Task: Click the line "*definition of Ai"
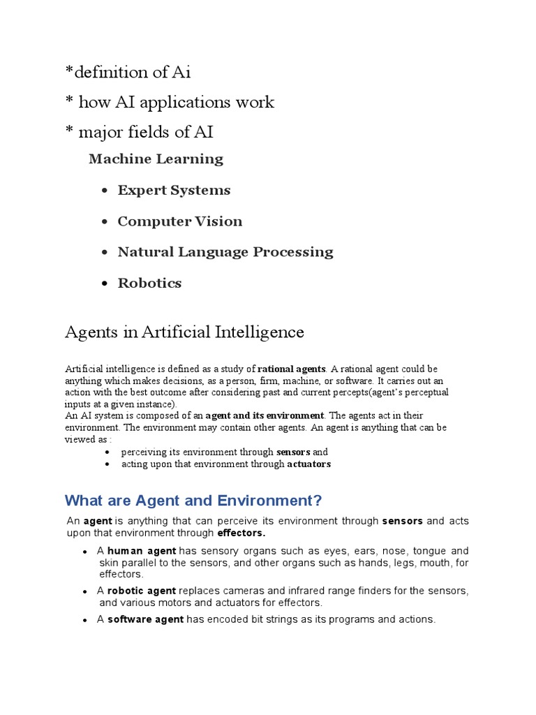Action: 128,72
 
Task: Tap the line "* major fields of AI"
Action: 139,131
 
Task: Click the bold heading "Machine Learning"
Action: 156,159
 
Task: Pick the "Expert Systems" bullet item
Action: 174,191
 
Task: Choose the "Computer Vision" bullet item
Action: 179,221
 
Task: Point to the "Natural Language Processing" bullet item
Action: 225,252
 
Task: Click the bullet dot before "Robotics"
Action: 105,283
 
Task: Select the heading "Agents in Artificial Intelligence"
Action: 184,332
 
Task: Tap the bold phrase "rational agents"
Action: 291,369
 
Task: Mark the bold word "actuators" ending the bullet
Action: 308,464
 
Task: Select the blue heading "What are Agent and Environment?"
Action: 193,501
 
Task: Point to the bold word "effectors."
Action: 241,533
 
